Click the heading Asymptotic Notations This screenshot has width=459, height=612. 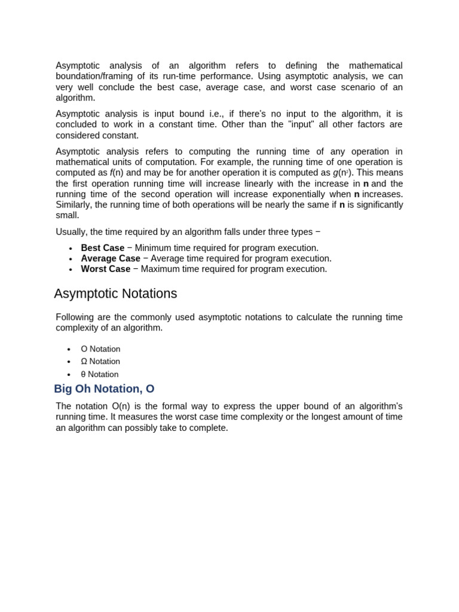(115, 294)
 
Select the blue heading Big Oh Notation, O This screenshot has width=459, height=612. (104, 389)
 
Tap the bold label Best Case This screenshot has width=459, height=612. (102, 248)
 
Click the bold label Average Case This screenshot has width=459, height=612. (111, 259)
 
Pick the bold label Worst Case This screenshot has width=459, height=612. (105, 269)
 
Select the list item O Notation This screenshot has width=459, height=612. (100, 349)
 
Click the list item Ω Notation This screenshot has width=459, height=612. (100, 362)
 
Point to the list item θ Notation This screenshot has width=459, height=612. (100, 375)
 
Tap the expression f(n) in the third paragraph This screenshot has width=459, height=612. (116, 173)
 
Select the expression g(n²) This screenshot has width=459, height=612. (343, 173)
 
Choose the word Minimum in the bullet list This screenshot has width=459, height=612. (153, 248)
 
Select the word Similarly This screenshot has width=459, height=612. (74, 205)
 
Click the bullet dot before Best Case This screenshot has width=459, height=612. (71, 249)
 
